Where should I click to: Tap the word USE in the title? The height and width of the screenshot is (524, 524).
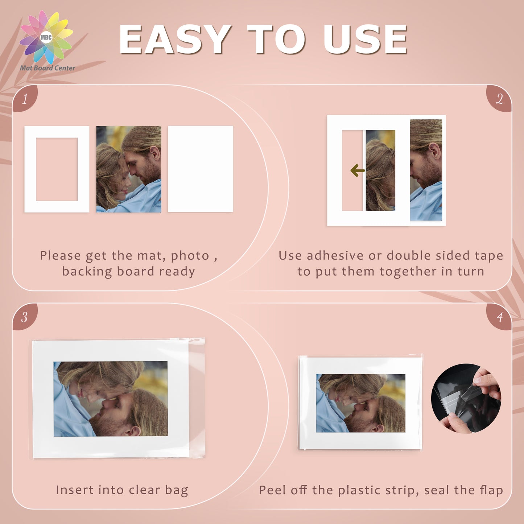point(365,40)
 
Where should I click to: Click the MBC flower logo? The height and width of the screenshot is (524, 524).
point(46,37)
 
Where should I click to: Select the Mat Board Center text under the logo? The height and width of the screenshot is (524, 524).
point(47,68)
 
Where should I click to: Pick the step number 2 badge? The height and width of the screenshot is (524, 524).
point(499,98)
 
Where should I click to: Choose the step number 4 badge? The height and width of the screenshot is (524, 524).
point(499,317)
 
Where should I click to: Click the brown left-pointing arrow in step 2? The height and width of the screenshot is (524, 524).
point(358,170)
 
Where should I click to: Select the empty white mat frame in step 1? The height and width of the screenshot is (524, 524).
point(30,169)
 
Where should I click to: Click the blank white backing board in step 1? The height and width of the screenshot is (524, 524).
point(201,169)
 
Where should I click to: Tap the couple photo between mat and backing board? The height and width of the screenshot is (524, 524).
point(129,169)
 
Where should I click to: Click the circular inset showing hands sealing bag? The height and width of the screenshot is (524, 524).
point(466,399)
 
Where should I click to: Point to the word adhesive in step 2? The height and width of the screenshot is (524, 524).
point(336,256)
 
